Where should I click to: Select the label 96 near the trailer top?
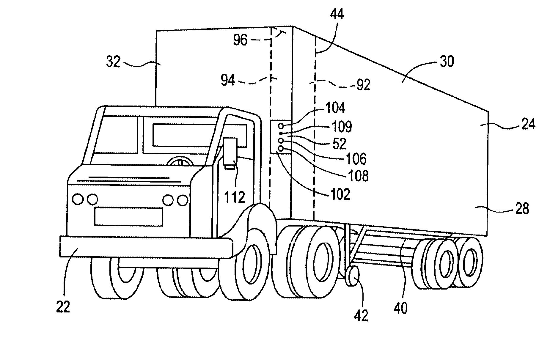pyautogui.click(x=240, y=40)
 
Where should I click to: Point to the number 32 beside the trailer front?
pyautogui.click(x=113, y=62)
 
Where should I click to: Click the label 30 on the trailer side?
pyautogui.click(x=446, y=62)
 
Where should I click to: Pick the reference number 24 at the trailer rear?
pyautogui.click(x=528, y=124)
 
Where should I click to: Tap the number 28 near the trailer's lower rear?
pyautogui.click(x=522, y=209)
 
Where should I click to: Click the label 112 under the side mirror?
pyautogui.click(x=235, y=196)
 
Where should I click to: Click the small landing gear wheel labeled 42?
pyautogui.click(x=352, y=276)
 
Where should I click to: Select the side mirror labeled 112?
pyautogui.click(x=230, y=152)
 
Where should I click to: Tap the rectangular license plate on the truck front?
pyautogui.click(x=128, y=217)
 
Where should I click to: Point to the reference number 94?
pyautogui.click(x=228, y=80)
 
